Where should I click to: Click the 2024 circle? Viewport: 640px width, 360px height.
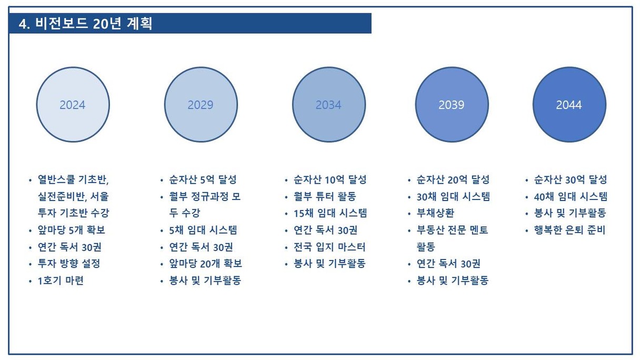73,105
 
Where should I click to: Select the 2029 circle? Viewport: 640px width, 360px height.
201,105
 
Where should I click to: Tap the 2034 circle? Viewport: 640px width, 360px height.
329,105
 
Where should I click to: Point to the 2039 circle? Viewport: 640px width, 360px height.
452,105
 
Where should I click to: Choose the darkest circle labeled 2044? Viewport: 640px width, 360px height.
569,105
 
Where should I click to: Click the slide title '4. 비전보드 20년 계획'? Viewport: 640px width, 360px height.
85,24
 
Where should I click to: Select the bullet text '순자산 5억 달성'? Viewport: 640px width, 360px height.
203,179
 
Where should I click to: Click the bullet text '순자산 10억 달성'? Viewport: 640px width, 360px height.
330,179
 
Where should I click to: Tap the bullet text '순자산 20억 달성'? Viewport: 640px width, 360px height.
453,179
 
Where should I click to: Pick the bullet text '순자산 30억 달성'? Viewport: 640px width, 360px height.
571,179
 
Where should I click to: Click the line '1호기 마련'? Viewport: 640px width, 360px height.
61,281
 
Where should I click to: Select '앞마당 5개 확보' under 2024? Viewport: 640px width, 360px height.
72,230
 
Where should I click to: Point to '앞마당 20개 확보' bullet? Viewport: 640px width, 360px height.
205,264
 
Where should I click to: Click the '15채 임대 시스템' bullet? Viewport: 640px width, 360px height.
330,214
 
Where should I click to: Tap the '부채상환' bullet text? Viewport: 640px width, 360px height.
435,214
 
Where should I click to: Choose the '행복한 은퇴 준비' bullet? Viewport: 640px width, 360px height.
569,230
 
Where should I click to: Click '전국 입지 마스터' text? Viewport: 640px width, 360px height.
329,247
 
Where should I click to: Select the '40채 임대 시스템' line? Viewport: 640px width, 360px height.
571,196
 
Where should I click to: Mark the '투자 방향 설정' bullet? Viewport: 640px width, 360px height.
69,264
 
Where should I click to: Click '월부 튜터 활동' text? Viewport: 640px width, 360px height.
325,196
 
